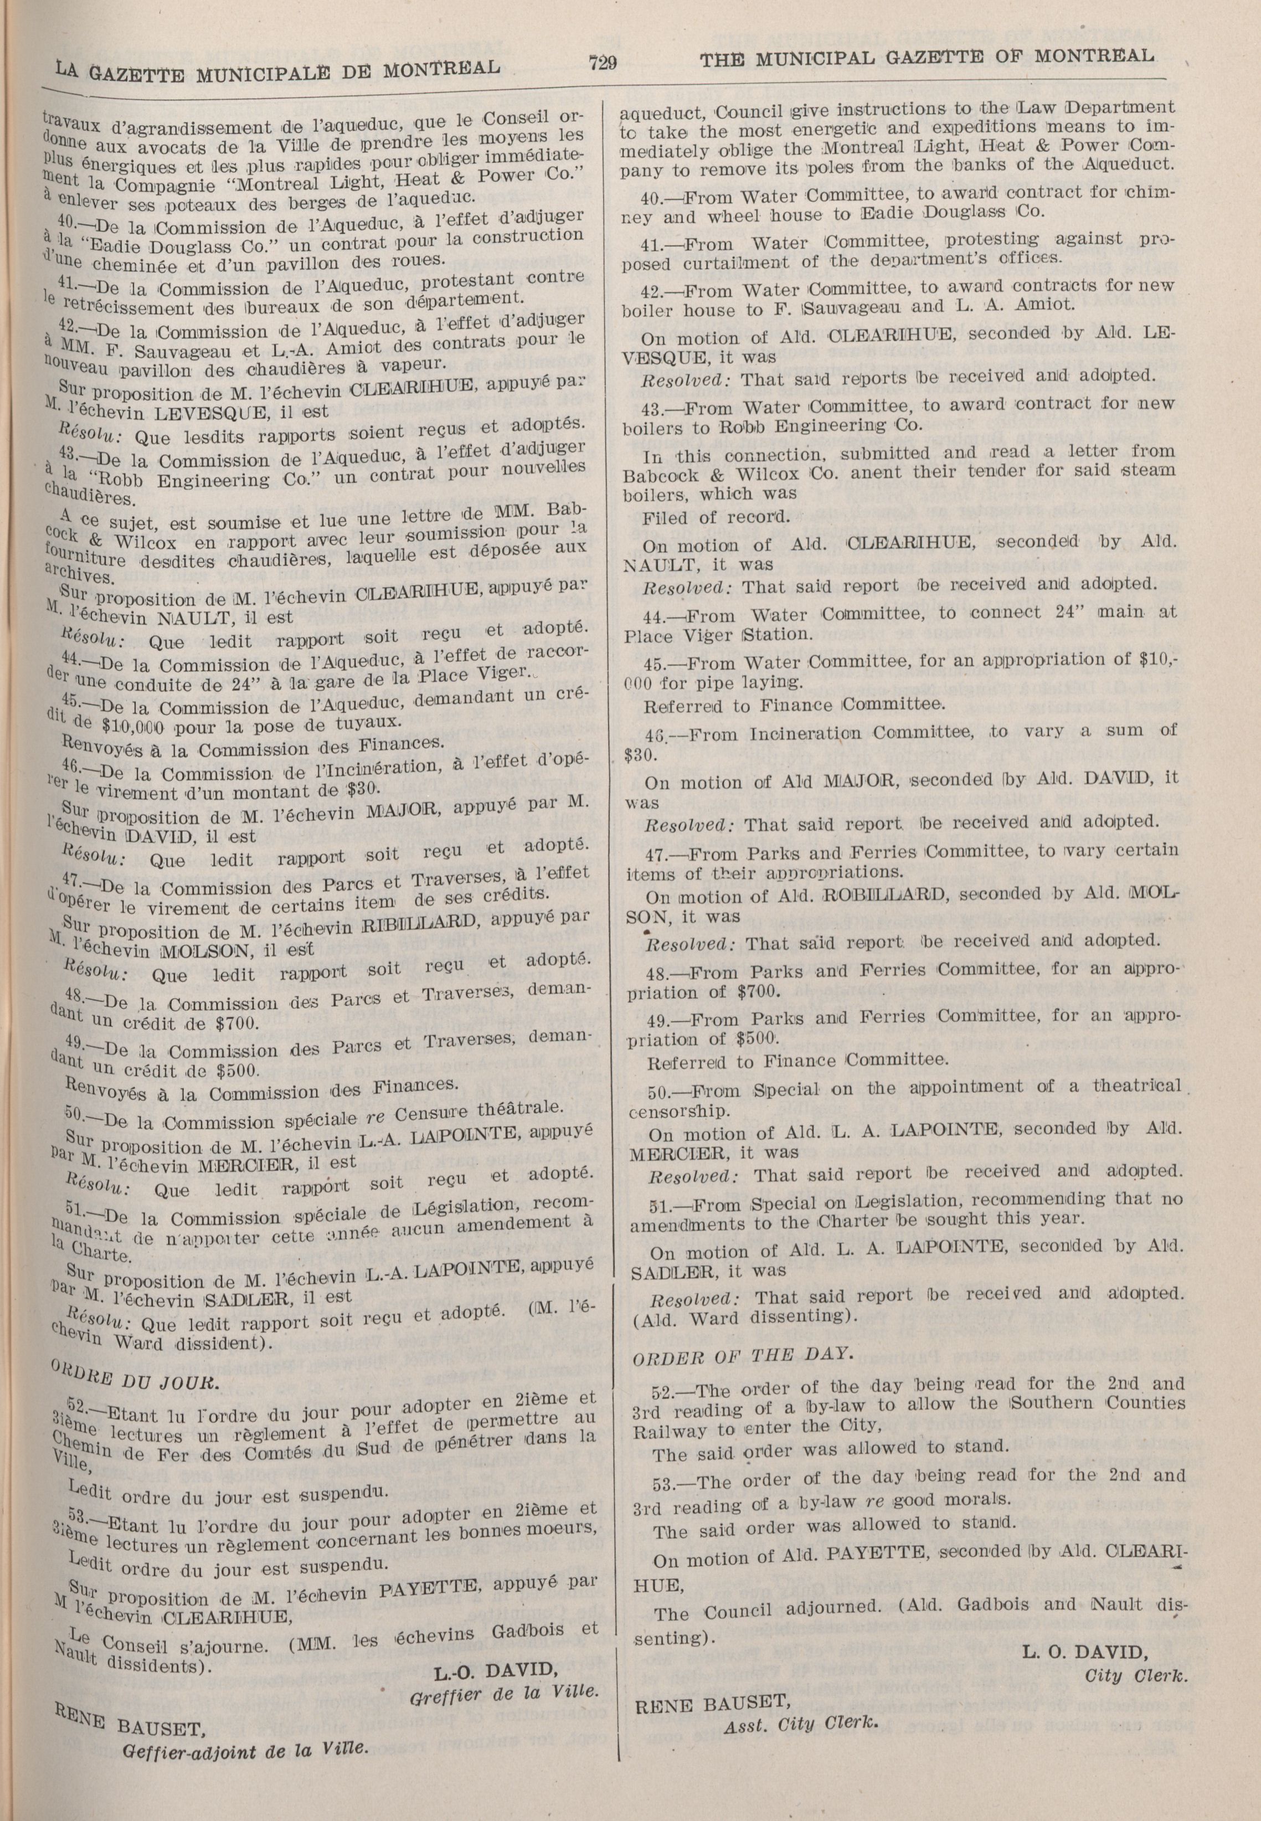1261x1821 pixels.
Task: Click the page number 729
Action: point(602,63)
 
